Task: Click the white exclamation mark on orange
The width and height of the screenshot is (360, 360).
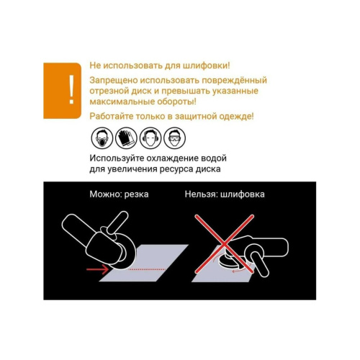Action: click(x=71, y=90)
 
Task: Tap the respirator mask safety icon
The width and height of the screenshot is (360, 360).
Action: click(x=102, y=138)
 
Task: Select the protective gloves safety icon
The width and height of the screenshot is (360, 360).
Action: click(x=126, y=138)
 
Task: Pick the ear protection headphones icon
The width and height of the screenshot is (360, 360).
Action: click(x=150, y=138)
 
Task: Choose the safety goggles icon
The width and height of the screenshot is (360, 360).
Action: click(x=174, y=138)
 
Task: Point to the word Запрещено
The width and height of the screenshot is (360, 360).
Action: click(x=113, y=81)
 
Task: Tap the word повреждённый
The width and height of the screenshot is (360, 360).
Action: click(x=234, y=81)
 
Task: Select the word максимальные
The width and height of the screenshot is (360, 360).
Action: click(x=122, y=102)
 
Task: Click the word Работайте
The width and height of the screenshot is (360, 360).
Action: click(x=112, y=117)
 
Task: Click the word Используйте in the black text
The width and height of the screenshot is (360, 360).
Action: click(x=117, y=158)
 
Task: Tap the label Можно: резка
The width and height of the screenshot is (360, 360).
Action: click(x=119, y=194)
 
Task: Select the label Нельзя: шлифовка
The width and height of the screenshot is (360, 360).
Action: click(x=225, y=194)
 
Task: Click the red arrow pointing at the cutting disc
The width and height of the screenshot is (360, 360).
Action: click(x=97, y=269)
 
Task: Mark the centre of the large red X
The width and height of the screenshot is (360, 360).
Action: click(x=224, y=244)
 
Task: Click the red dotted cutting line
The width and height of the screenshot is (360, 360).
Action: click(x=147, y=269)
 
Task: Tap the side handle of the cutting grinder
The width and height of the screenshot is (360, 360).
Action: click(x=117, y=222)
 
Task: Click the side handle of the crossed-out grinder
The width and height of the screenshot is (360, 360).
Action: click(x=259, y=264)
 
